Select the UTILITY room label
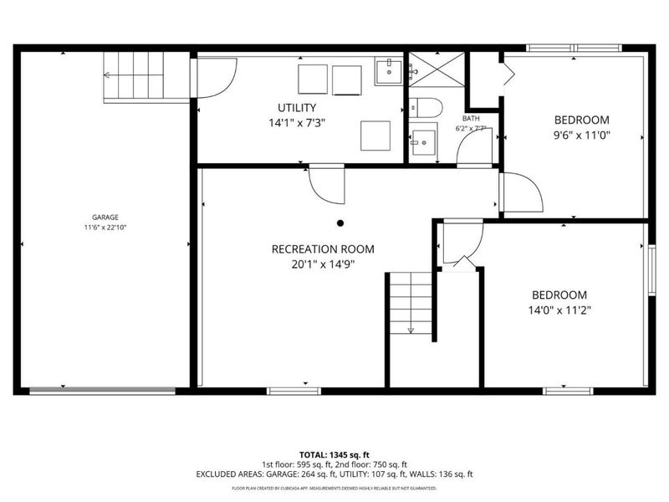(297, 107)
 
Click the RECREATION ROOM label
(323, 248)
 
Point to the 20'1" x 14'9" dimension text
(323, 264)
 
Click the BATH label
(471, 119)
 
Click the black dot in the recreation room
(340, 223)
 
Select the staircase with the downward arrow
(411, 305)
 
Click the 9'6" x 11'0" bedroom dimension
(582, 136)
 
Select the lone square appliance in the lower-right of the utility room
(375, 135)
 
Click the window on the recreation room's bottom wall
(293, 391)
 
